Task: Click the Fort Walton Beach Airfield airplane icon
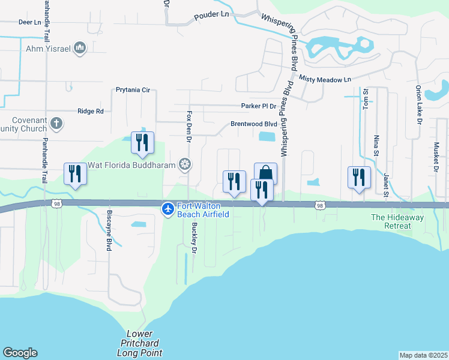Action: click(x=168, y=209)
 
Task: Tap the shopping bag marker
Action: click(x=265, y=173)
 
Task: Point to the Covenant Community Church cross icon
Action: click(x=56, y=124)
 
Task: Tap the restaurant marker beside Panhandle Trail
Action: click(x=75, y=173)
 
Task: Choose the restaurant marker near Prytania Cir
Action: click(x=142, y=142)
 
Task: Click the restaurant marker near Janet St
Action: click(x=359, y=177)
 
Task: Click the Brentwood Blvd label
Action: click(x=254, y=124)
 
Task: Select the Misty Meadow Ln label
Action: click(x=325, y=79)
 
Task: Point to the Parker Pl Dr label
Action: click(x=258, y=106)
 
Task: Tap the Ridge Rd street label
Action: click(x=91, y=111)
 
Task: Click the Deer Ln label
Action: click(x=29, y=22)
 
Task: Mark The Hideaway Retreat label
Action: click(x=391, y=221)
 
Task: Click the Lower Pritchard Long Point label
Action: click(x=145, y=343)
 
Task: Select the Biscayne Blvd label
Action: click(x=109, y=231)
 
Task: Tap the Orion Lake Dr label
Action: click(x=418, y=104)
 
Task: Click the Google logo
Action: click(x=20, y=353)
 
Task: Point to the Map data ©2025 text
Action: click(x=423, y=355)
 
